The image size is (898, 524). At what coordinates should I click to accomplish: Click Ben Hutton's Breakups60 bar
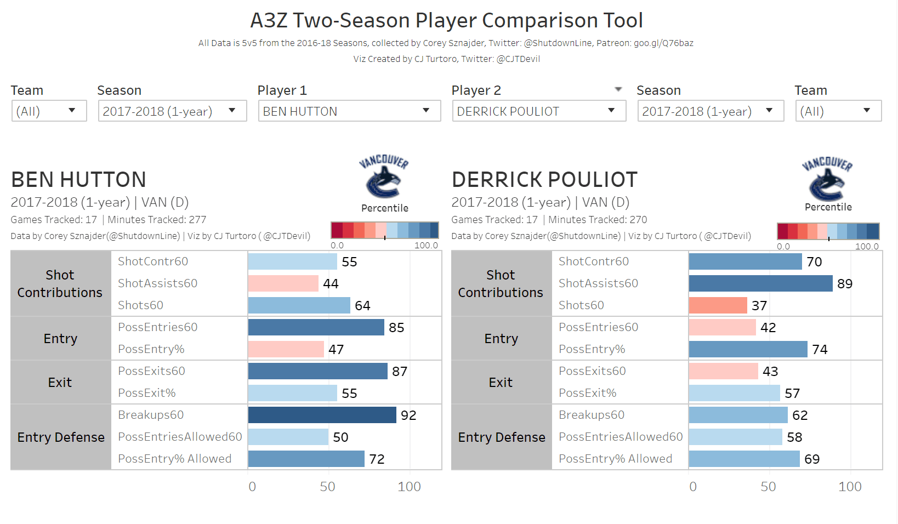[x=322, y=415]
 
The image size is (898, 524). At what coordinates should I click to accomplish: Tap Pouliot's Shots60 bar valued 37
[x=718, y=305]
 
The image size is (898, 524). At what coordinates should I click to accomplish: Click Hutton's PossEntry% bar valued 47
[x=286, y=349]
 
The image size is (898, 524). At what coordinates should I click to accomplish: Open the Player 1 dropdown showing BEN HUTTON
[x=349, y=111]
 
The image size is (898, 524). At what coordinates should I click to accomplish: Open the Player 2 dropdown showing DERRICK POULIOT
[x=538, y=111]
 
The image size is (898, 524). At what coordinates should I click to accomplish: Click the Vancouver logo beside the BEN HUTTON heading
[x=384, y=176]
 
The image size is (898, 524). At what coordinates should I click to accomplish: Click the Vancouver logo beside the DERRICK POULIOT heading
[x=827, y=178]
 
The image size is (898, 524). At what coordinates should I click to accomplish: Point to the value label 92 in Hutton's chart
[x=408, y=415]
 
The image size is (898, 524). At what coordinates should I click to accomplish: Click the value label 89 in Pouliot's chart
[x=845, y=284]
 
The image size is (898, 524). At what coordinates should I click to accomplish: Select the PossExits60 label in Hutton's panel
[x=151, y=371]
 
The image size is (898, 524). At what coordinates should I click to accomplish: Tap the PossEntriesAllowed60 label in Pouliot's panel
[x=621, y=437]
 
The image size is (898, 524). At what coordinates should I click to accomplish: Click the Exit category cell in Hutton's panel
[x=60, y=382]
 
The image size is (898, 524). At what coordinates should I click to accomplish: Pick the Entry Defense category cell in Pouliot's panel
[x=502, y=437]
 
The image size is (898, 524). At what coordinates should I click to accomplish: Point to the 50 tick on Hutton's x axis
[x=328, y=487]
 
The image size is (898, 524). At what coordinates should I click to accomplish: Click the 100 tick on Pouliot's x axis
[x=850, y=487]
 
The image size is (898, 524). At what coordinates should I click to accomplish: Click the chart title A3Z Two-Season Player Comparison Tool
[x=446, y=21]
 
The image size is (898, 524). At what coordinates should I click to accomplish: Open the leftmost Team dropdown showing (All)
[x=49, y=111]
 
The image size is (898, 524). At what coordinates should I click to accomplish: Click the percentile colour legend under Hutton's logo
[x=384, y=230]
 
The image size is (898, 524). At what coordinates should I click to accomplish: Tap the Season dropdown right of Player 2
[x=710, y=111]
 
